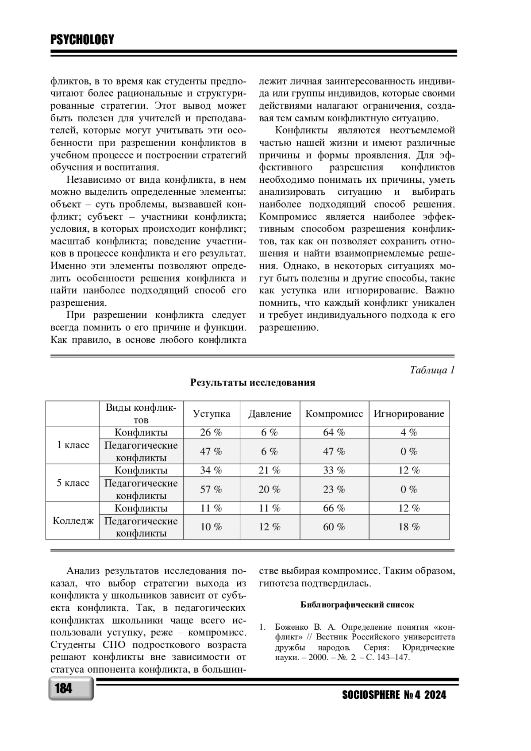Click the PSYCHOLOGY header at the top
tap(82, 40)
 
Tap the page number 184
tap(64, 689)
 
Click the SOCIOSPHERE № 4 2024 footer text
tap(394, 695)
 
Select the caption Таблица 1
tap(432, 370)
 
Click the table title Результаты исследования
tap(253, 383)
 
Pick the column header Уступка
tap(212, 414)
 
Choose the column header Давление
tap(269, 414)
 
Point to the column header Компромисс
tap(334, 414)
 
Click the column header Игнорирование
tap(409, 414)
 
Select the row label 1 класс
tap(73, 445)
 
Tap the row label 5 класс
tap(73, 483)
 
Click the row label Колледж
tap(73, 521)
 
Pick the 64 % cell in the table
tap(334, 432)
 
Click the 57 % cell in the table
tap(211, 489)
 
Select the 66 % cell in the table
tap(334, 508)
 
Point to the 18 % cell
tap(409, 527)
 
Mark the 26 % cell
tap(211, 432)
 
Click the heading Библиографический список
tap(357, 605)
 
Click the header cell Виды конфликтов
tap(141, 414)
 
